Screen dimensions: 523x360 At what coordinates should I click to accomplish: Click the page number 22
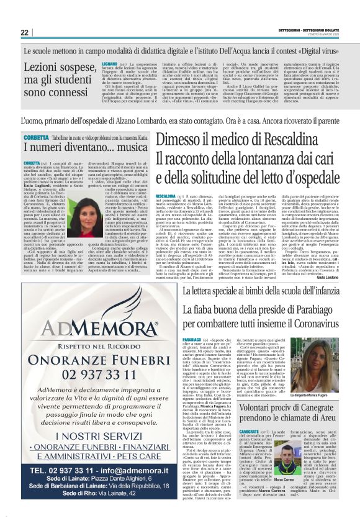(24, 32)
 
